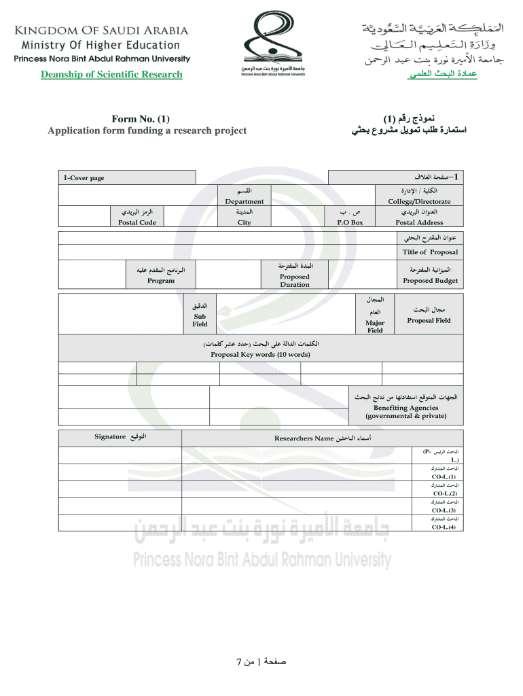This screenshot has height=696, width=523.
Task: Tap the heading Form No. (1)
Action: (x=141, y=120)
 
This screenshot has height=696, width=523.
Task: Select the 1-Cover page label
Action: (x=84, y=178)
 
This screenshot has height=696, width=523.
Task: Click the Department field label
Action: (x=245, y=201)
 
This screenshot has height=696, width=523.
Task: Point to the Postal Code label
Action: (x=137, y=222)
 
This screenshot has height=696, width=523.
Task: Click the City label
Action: (x=244, y=222)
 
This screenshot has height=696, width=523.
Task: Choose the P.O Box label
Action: (x=350, y=222)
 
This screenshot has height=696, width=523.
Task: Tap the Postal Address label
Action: (x=419, y=222)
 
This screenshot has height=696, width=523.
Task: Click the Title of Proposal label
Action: (x=430, y=252)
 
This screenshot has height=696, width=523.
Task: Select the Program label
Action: (x=161, y=281)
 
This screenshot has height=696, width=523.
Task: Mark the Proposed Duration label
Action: (x=295, y=281)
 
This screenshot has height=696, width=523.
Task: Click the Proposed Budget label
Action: (x=430, y=281)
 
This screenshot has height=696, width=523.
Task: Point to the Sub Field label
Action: (x=200, y=320)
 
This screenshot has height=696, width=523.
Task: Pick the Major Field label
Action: (x=375, y=327)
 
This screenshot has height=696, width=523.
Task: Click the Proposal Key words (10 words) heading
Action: (x=260, y=355)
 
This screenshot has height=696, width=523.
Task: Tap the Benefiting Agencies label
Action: (x=405, y=411)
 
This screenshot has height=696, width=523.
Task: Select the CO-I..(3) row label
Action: (x=444, y=510)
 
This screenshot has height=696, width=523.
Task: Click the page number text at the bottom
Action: (x=261, y=660)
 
